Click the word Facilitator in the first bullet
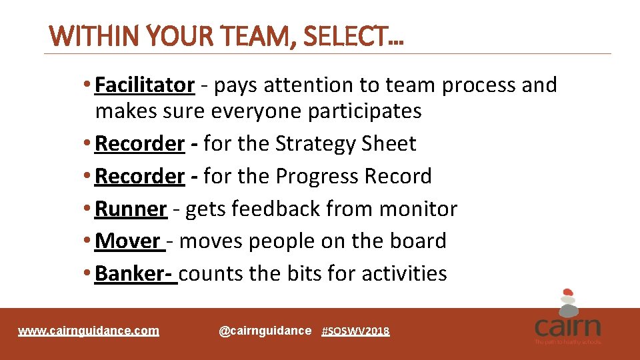point(145,85)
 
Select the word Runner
point(131,209)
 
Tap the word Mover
point(128,241)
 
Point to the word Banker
point(133,273)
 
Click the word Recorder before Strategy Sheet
point(140,143)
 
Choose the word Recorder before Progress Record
point(140,176)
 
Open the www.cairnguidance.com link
point(89,331)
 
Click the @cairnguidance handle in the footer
point(265,331)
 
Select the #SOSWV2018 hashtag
point(355,331)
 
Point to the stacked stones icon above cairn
point(567,301)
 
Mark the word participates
point(365,111)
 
